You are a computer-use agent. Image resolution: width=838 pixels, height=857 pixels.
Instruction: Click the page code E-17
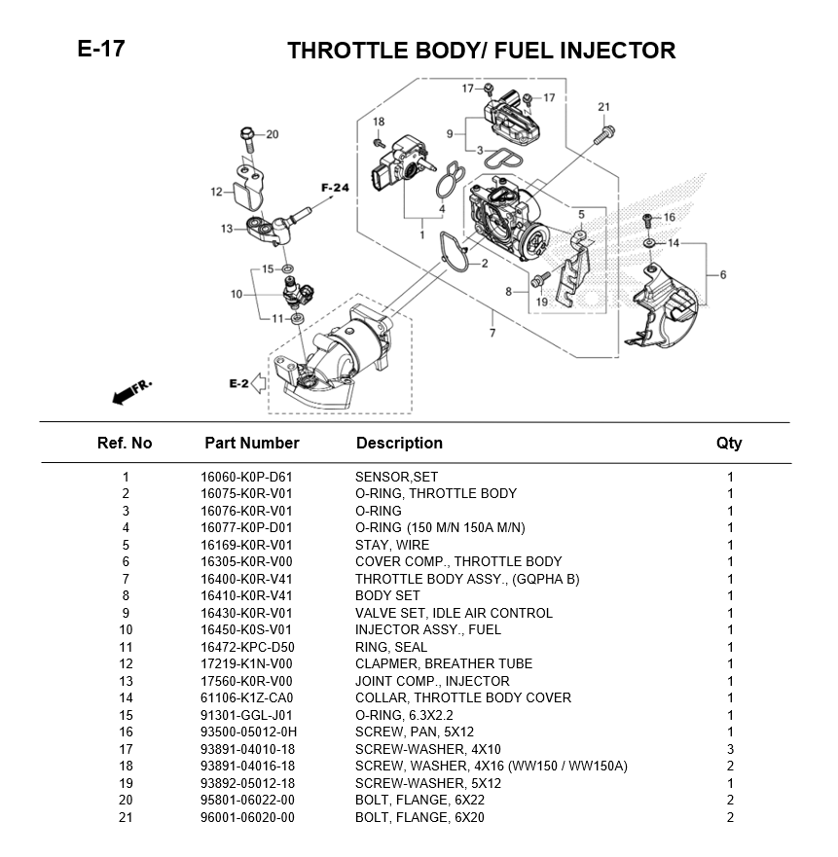pyautogui.click(x=101, y=49)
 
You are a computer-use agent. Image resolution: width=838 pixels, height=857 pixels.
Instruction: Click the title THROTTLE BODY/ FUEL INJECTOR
pyautogui.click(x=481, y=51)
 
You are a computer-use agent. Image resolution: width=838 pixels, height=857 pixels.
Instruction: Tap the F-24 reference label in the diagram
pyautogui.click(x=335, y=187)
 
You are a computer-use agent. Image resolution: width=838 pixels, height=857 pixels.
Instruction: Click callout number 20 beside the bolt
pyautogui.click(x=273, y=134)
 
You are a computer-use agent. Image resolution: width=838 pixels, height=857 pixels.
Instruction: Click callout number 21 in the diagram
pyautogui.click(x=603, y=107)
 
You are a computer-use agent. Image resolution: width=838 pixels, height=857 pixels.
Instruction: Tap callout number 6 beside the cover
pyautogui.click(x=723, y=274)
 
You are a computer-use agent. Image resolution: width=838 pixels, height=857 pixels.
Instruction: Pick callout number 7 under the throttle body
pyautogui.click(x=492, y=334)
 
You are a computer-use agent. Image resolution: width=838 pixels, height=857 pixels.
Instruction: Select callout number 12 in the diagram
pyautogui.click(x=216, y=192)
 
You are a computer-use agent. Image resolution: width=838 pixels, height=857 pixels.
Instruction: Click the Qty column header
pyautogui.click(x=729, y=443)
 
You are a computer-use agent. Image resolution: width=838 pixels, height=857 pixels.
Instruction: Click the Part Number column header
pyautogui.click(x=251, y=443)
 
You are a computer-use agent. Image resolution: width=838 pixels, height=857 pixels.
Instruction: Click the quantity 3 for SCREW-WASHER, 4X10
pyautogui.click(x=730, y=749)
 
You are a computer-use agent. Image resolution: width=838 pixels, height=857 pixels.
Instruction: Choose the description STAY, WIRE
pyautogui.click(x=391, y=545)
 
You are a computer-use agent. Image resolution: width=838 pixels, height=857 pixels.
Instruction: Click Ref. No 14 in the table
pyautogui.click(x=125, y=697)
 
